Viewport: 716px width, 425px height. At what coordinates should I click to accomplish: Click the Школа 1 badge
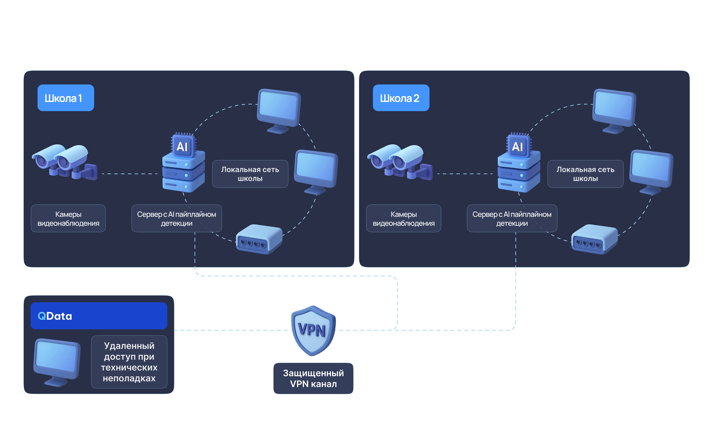[x=66, y=98]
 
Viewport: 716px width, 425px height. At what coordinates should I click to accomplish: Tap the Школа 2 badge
[x=401, y=98]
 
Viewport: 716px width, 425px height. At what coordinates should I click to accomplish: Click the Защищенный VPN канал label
[x=313, y=378]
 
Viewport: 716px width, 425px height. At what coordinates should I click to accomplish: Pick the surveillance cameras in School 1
[x=65, y=162]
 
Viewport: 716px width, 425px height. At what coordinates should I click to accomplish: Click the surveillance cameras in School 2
[x=400, y=162]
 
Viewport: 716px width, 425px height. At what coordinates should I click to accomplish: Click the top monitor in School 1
[x=279, y=110]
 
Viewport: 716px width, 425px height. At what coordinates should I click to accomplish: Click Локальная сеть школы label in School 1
[x=250, y=174]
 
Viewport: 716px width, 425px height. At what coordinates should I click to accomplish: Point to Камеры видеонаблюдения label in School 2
[x=403, y=218]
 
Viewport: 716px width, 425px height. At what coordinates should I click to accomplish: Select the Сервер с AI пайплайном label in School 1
[x=176, y=218]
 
